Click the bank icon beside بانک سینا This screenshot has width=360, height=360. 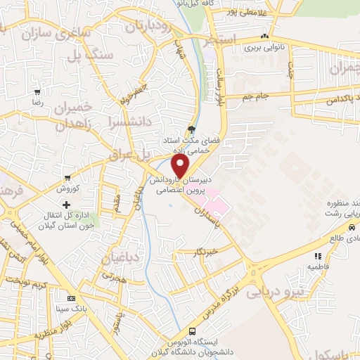coord(70,297)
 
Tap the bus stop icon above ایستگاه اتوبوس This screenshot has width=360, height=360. coord(193,333)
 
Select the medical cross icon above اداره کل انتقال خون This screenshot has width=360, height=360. coord(67,205)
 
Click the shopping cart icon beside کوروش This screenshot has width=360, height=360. coord(67,178)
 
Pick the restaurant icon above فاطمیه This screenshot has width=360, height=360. coord(318,256)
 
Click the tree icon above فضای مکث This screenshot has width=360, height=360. coord(192,129)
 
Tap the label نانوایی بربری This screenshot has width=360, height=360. coord(263,49)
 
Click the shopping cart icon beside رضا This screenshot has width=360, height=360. coord(37,91)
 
